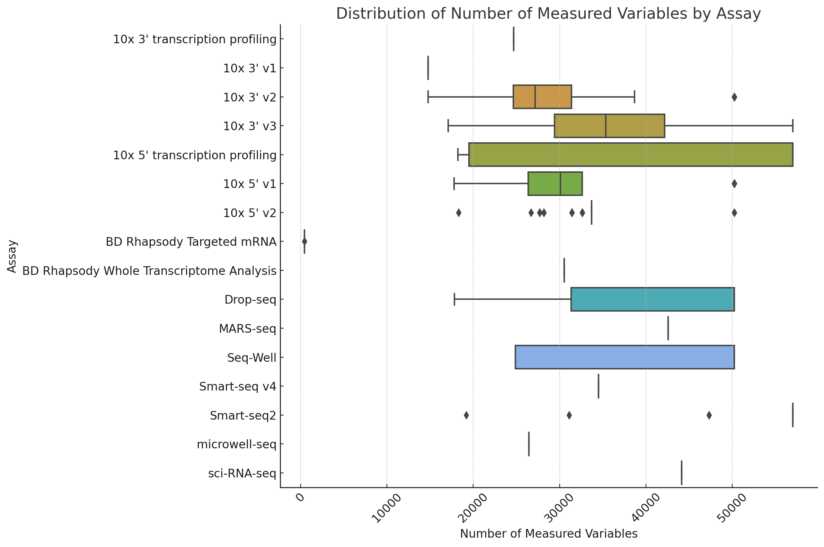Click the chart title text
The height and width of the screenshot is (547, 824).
[548, 14]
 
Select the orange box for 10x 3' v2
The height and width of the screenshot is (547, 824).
[542, 97]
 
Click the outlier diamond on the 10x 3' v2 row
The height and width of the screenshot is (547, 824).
[734, 97]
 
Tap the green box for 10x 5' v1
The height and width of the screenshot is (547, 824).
[555, 183]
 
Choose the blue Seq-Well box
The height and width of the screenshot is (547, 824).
[624, 357]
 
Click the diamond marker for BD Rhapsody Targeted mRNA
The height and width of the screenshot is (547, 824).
[304, 241]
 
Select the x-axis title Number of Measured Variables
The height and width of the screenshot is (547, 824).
[548, 533]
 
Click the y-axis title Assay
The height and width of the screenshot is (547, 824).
[12, 256]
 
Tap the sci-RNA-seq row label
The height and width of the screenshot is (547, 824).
[242, 473]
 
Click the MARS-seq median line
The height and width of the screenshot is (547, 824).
[668, 328]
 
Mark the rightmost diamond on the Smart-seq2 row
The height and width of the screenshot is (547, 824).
[709, 415]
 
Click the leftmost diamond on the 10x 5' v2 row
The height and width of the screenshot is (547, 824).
[458, 213]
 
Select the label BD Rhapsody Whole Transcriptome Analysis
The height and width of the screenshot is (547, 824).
[149, 271]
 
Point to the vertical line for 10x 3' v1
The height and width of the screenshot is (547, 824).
[428, 68]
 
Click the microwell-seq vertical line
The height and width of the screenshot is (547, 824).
[529, 444]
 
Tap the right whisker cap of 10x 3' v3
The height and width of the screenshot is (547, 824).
[792, 126]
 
